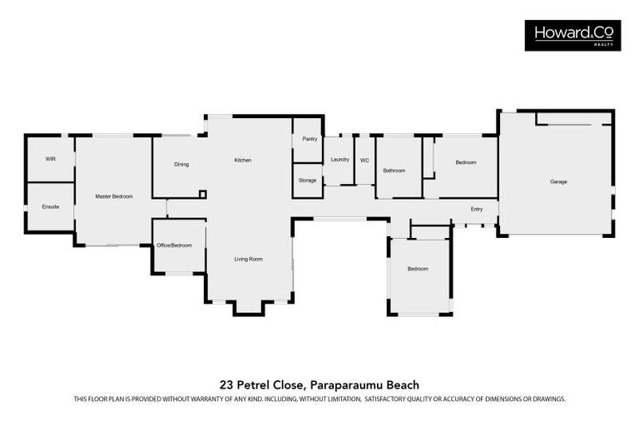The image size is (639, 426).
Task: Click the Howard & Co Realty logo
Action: (572, 35)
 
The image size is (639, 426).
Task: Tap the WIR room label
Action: (50, 158)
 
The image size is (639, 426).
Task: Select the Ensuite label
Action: (50, 206)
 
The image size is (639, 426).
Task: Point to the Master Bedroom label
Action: (114, 196)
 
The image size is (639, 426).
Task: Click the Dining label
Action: (181, 164)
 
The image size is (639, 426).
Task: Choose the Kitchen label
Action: (242, 160)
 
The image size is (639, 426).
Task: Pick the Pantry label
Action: (310, 139)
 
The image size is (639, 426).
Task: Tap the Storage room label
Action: (308, 180)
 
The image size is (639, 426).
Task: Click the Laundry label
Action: (339, 159)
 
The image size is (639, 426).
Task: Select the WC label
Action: (364, 160)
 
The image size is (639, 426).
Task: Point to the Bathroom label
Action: (394, 171)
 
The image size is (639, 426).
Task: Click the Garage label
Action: (558, 181)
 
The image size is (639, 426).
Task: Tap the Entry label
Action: (477, 209)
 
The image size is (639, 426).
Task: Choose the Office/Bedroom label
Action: (174, 245)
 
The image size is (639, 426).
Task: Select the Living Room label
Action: (248, 260)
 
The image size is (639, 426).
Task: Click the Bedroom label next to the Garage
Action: (466, 162)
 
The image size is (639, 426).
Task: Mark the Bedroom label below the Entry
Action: (418, 269)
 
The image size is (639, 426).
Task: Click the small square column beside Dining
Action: (202, 195)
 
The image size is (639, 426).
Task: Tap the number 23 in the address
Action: (225, 384)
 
